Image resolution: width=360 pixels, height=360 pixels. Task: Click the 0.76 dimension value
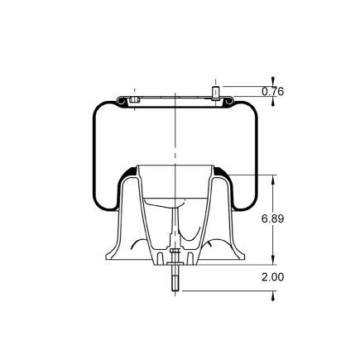(x=272, y=92)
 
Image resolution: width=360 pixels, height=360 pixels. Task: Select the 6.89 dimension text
(x=272, y=219)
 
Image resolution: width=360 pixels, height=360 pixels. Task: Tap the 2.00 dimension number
(x=272, y=277)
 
